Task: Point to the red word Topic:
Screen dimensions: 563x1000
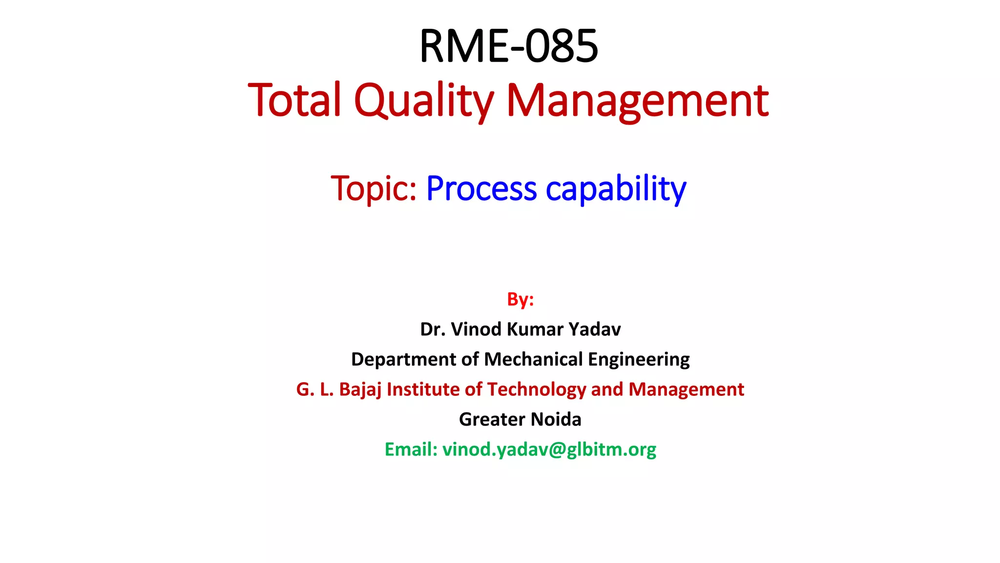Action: pyautogui.click(x=374, y=188)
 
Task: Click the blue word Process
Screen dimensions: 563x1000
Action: pyautogui.click(x=481, y=188)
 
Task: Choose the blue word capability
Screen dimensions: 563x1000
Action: pyautogui.click(x=616, y=188)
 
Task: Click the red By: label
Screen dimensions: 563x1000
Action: pyautogui.click(x=521, y=299)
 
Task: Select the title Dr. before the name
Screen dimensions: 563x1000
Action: pyautogui.click(x=432, y=329)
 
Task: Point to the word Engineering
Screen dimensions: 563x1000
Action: pyautogui.click(x=639, y=360)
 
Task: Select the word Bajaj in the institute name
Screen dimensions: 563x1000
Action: pyautogui.click(x=360, y=390)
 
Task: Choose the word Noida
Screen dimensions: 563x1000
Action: pyautogui.click(x=556, y=419)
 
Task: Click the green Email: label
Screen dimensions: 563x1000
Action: pyautogui.click(x=411, y=450)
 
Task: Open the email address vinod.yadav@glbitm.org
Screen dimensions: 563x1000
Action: pyautogui.click(x=549, y=450)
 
